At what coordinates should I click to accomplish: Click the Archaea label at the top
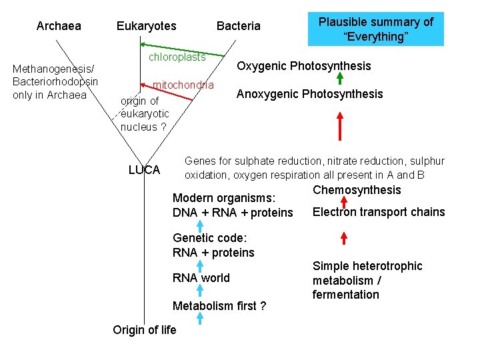point(59,26)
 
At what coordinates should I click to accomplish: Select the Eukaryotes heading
point(146,26)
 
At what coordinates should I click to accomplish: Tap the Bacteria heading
point(238,26)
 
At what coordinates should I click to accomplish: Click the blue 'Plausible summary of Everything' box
point(375,29)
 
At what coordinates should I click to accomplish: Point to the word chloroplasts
point(177,57)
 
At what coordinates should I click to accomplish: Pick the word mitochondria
point(183,85)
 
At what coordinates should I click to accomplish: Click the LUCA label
point(144,170)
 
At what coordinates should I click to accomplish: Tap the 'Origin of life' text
point(145,330)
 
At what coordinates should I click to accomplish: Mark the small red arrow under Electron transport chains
point(343,238)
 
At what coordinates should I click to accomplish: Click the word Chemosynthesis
point(357,191)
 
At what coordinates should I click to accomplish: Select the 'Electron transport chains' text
point(378,212)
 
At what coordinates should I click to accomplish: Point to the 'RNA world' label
point(201,278)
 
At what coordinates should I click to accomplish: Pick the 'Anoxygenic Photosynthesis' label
point(309,94)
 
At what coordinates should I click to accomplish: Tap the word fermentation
point(345,295)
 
